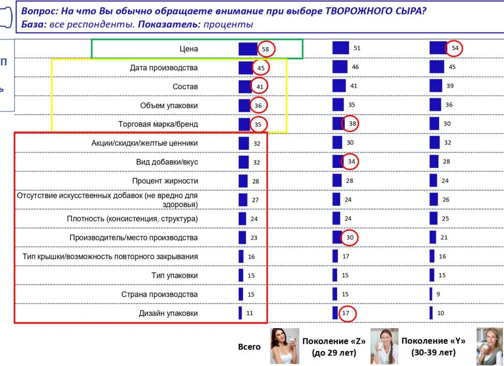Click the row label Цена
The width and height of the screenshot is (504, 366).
point(189,49)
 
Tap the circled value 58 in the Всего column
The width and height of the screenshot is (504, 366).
point(266,49)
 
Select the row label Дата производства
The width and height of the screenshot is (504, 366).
point(164,68)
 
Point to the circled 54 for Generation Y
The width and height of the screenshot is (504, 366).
point(454,48)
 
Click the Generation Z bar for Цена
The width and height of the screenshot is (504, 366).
point(341,48)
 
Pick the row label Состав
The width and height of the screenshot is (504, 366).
point(185,87)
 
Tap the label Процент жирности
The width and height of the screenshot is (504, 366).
point(165,181)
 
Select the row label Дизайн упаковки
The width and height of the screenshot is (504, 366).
point(168,313)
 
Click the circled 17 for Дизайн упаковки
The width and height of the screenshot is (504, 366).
point(347,313)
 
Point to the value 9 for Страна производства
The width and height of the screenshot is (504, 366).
point(438,294)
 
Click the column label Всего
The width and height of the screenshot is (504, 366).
point(249,347)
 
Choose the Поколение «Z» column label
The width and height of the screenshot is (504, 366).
point(334,347)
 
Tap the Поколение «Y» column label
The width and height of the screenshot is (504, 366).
point(433,347)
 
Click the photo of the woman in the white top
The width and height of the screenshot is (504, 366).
point(284,346)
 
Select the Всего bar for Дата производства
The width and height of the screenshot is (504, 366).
point(246,68)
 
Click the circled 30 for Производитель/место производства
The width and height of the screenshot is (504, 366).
point(349,237)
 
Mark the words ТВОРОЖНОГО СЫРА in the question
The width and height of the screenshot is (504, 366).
point(376,11)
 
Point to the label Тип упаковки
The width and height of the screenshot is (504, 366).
point(175,275)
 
